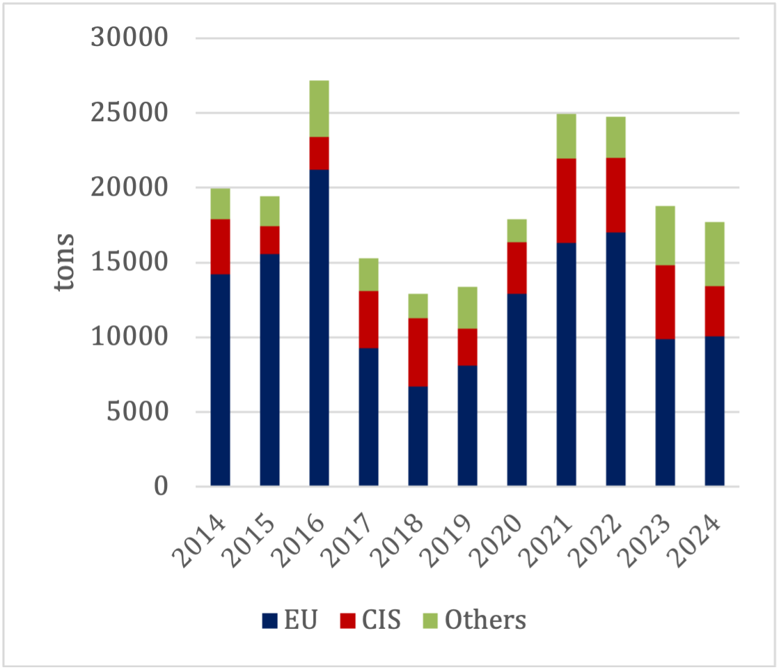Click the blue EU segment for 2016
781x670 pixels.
319,327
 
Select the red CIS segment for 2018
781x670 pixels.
418,352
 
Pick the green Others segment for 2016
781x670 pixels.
319,109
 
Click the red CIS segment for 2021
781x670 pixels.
566,201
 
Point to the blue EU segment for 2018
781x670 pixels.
418,436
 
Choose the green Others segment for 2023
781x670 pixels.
665,235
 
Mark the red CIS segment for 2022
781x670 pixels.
615,195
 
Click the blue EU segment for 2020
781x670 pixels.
516,390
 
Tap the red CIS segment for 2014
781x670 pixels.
220,247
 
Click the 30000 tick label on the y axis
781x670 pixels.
129,38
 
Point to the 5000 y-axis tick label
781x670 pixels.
139,412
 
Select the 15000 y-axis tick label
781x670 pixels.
129,263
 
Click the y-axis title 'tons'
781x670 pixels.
66,263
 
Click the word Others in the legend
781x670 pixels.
485,620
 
